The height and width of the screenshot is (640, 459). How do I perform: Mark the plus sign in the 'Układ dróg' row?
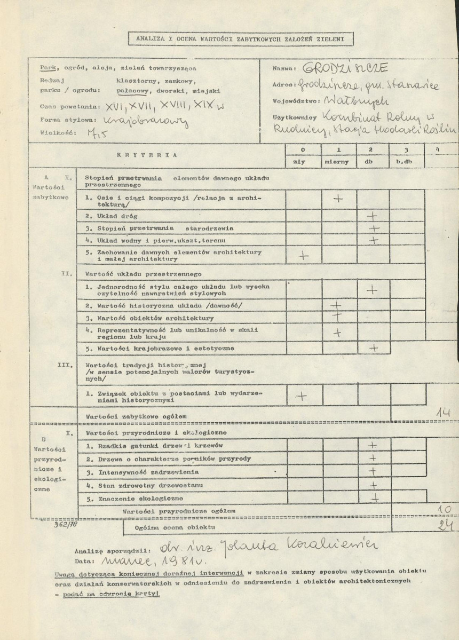tap(373, 216)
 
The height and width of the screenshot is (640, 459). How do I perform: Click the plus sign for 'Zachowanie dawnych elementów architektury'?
tap(303, 255)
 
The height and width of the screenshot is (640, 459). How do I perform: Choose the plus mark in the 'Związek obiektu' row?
tap(302, 396)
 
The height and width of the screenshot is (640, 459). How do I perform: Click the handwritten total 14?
tap(442, 413)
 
